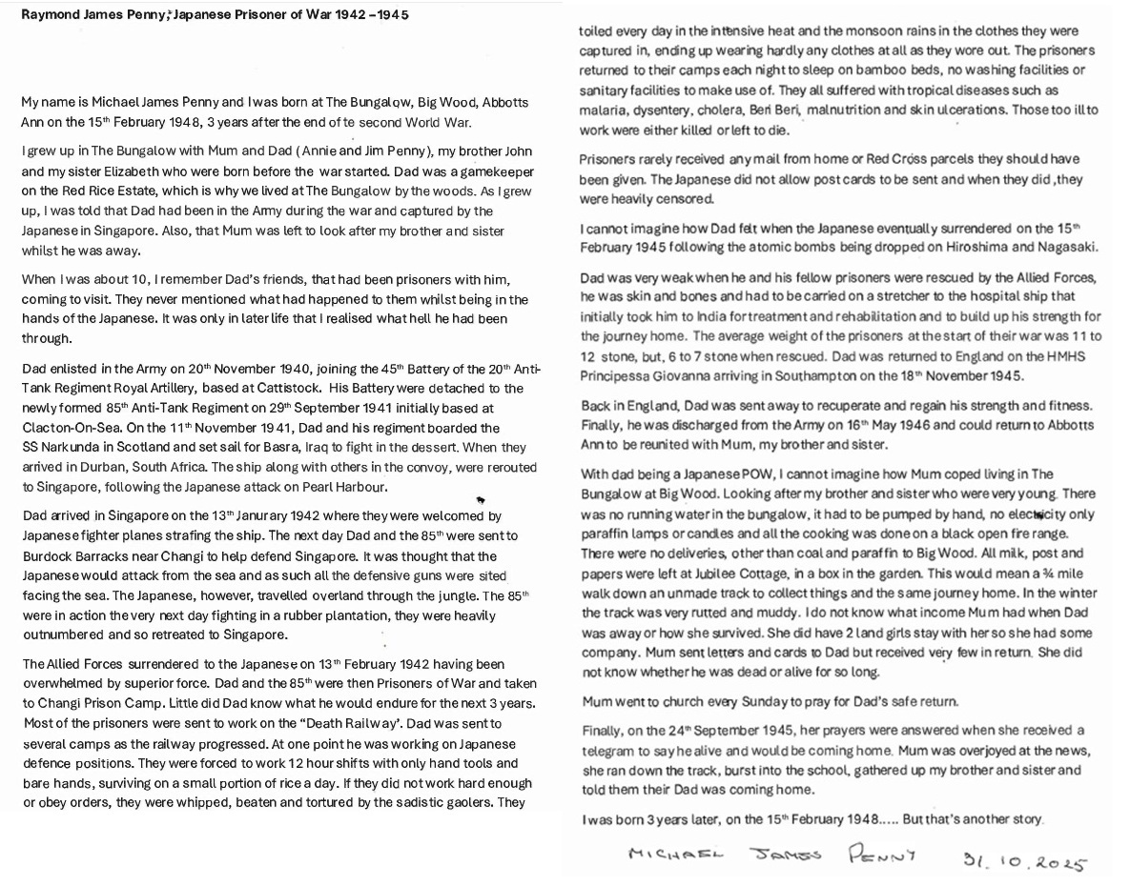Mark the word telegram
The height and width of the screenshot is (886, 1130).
[612, 750]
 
